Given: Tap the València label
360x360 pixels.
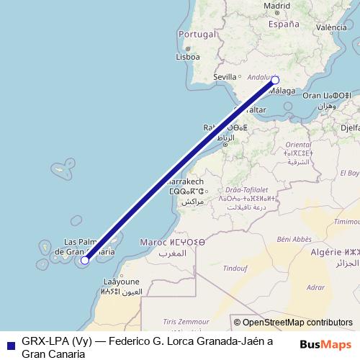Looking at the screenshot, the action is click(332, 27).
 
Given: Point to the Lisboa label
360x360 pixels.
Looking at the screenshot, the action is click(187, 56).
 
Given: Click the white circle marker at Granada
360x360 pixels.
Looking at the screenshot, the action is click(274, 81).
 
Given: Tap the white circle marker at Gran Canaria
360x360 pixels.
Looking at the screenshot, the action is click(85, 261).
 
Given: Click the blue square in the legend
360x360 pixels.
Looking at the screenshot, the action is click(7, 343).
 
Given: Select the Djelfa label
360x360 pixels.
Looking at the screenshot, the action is click(350, 127).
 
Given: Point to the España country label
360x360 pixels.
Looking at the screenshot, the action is click(283, 23).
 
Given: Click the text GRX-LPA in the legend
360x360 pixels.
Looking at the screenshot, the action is click(45, 343).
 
